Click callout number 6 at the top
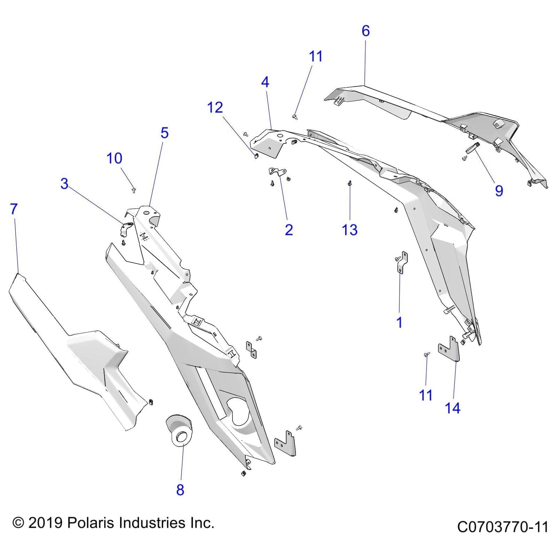pos(365,31)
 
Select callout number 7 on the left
pos(14,209)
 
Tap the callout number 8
pos(180,489)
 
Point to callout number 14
pos(452,408)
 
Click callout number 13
pos(350,230)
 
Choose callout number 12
pos(215,108)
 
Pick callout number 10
pos(114,158)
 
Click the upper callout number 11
pos(316,56)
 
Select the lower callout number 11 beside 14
pos(425,395)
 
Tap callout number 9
pos(499,191)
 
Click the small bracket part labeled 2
pos(277,171)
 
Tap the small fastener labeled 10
pos(134,190)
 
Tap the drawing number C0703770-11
pos(502,527)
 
